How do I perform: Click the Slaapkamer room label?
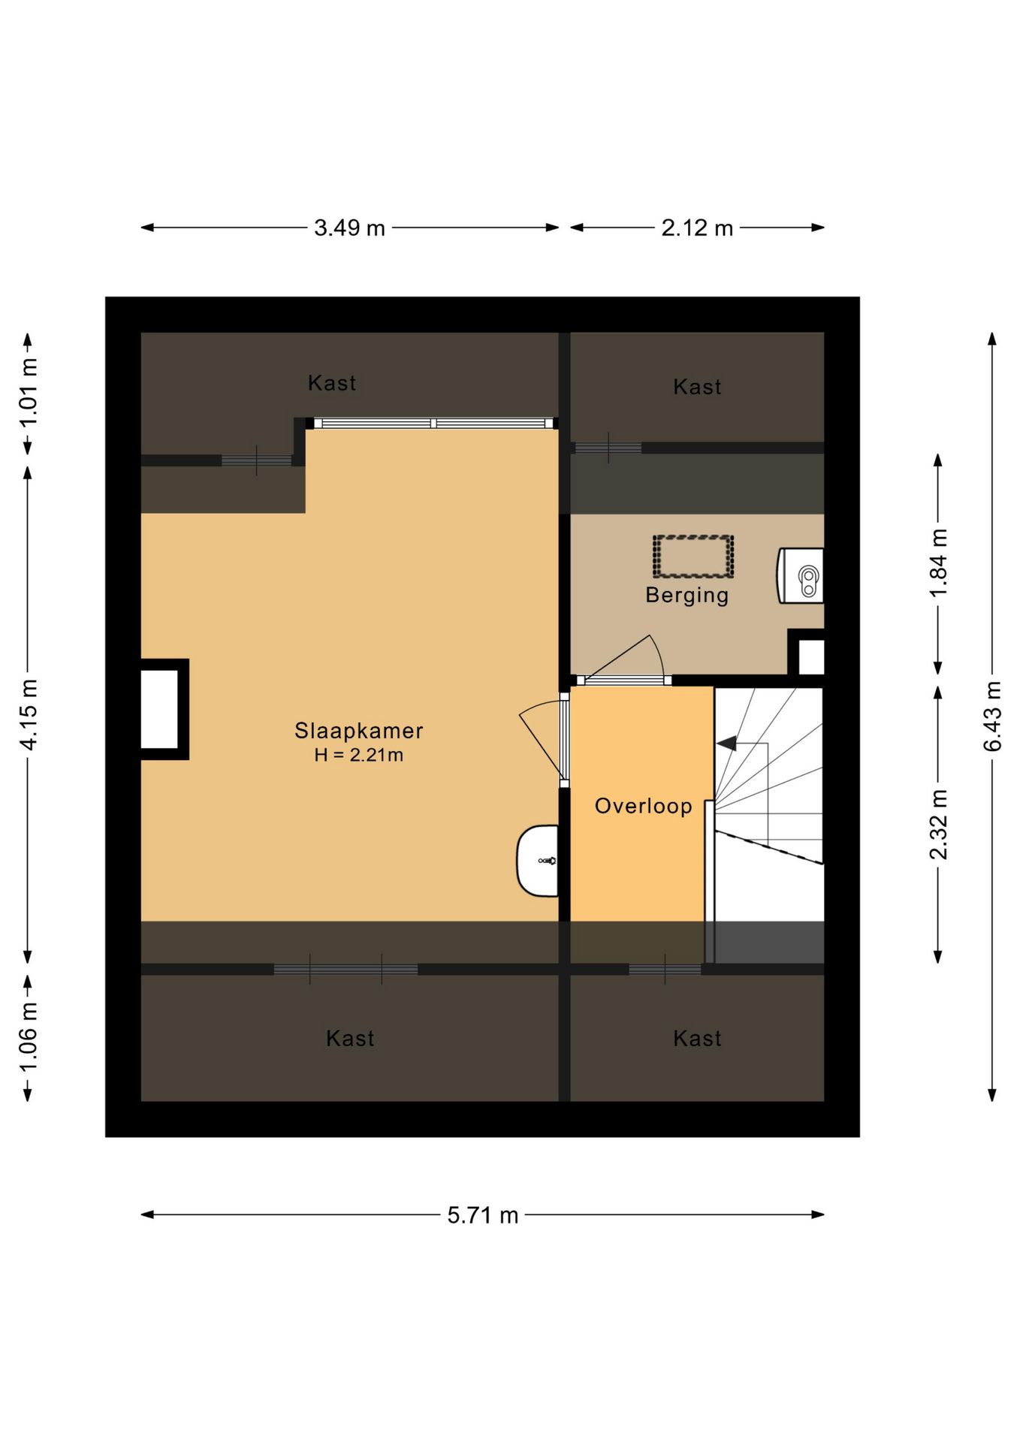[x=358, y=730]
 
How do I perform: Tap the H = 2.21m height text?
[x=358, y=755]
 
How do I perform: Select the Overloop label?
[x=643, y=806]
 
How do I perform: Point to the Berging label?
[x=687, y=595]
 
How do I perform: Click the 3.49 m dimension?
[x=349, y=228]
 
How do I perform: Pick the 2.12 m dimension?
[x=697, y=228]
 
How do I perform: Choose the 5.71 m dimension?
[x=483, y=1214]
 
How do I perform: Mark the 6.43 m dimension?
[x=992, y=716]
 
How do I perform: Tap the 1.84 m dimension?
[x=938, y=563]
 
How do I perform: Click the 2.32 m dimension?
[x=938, y=824]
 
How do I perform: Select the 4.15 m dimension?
[x=28, y=713]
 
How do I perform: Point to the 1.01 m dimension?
[x=28, y=392]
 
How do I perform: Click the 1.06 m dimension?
[x=28, y=1038]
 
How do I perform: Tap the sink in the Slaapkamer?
[x=538, y=861]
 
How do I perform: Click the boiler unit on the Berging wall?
[x=801, y=575]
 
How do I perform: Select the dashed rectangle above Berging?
[x=693, y=557]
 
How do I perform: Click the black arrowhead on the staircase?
[x=726, y=744]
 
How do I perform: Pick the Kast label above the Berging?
[x=697, y=387]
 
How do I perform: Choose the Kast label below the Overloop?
[x=697, y=1038]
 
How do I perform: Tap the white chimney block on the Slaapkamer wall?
[x=160, y=709]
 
